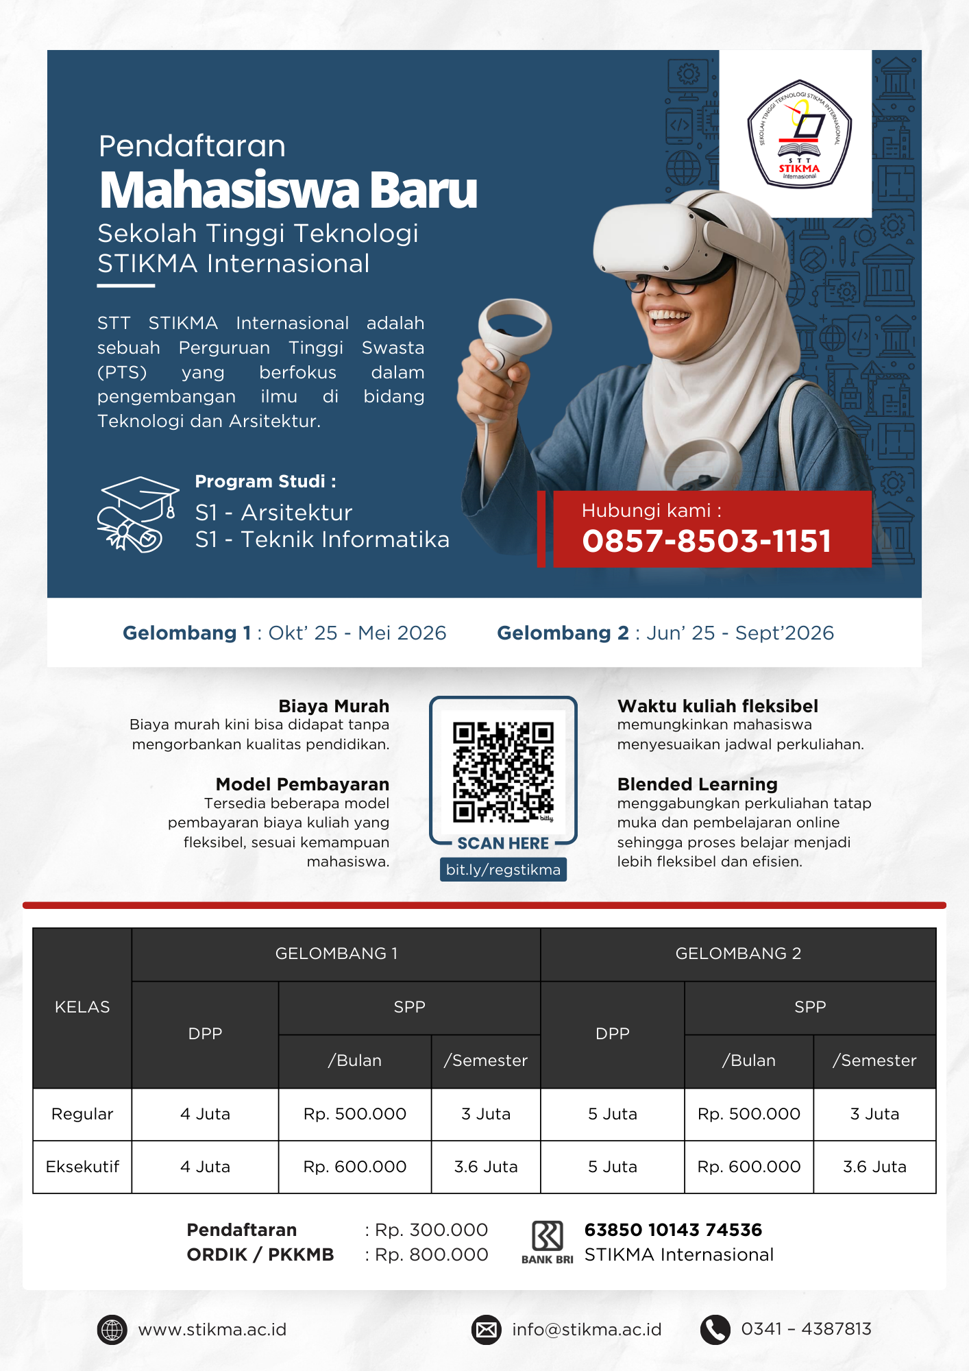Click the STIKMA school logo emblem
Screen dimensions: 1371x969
[x=798, y=134]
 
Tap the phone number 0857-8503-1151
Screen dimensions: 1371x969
[x=707, y=541]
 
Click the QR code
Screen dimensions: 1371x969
[x=503, y=771]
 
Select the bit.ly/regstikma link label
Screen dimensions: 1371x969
[x=503, y=870]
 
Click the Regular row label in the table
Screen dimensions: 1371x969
[x=82, y=1114]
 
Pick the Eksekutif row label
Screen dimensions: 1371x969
[x=82, y=1167]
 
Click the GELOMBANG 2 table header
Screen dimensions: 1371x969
[x=738, y=954]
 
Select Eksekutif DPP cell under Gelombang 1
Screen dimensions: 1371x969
[x=205, y=1167]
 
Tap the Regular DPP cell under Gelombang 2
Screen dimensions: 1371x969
[x=612, y=1114]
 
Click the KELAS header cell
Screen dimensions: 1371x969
[x=82, y=1007]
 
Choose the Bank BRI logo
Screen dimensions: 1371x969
[x=547, y=1241]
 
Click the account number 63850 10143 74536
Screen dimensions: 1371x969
[x=673, y=1230]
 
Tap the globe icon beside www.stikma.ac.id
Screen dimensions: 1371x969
[x=112, y=1330]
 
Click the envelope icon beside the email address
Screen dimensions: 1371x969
[x=487, y=1330]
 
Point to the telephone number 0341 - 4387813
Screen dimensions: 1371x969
[x=806, y=1329]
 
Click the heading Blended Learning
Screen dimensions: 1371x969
[x=697, y=784]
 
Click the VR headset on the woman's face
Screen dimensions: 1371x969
[x=658, y=240]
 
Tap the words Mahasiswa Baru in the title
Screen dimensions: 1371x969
[x=288, y=190]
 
